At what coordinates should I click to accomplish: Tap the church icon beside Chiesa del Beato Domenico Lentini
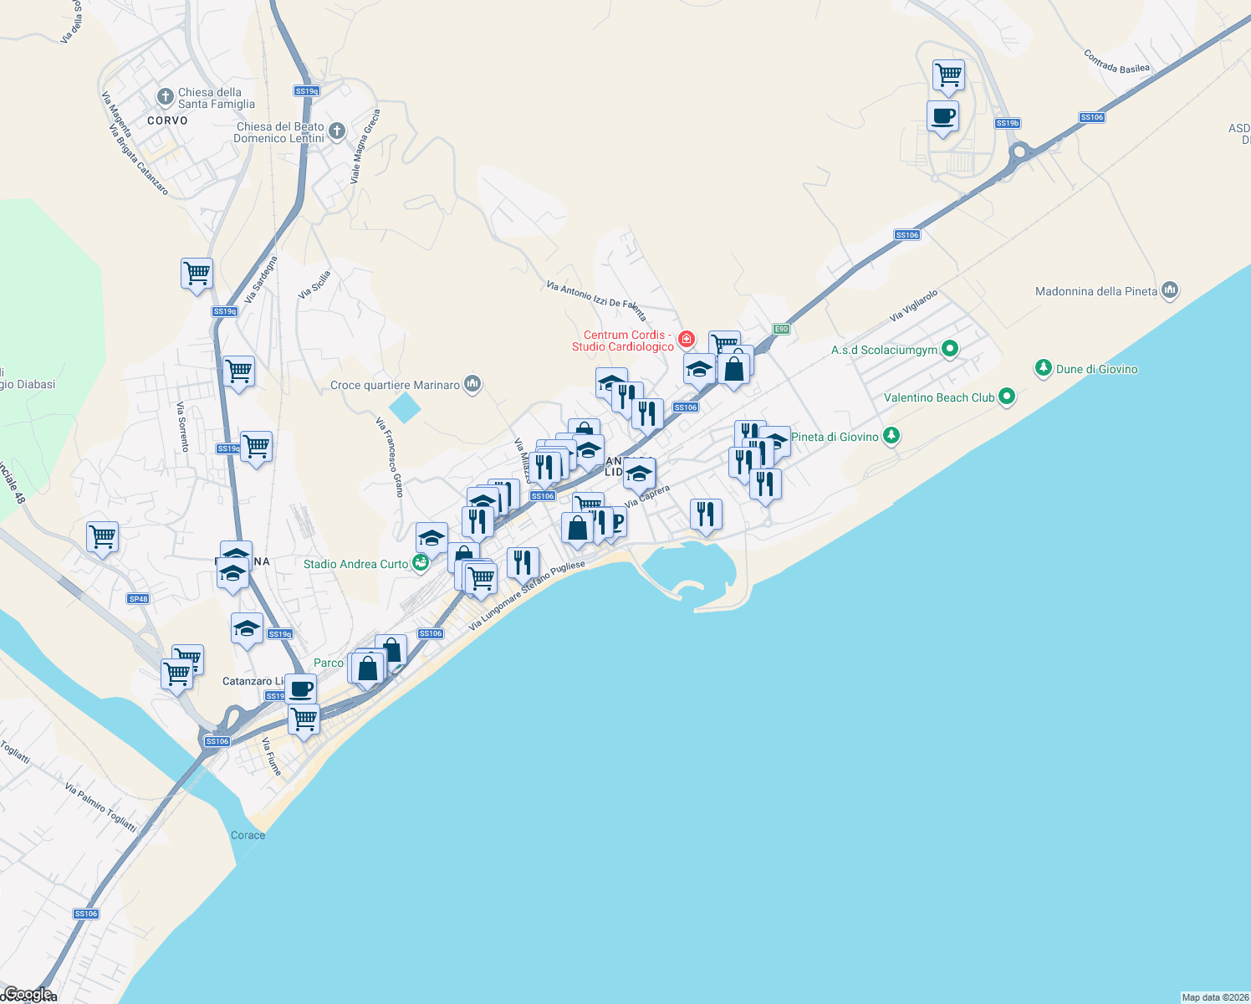[x=336, y=131]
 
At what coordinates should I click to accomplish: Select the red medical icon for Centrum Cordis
[x=687, y=339]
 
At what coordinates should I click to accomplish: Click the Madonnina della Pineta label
[x=1096, y=291]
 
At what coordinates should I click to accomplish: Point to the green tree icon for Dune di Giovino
[x=1043, y=368]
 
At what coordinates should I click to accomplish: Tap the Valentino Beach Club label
[x=939, y=397]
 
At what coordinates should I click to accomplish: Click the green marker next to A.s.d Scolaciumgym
[x=949, y=349]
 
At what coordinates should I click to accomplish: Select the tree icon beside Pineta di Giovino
[x=891, y=436]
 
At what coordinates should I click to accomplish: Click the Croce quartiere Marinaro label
[x=395, y=385]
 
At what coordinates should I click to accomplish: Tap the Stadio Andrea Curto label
[x=355, y=564]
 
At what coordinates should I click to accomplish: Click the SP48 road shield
[x=138, y=598]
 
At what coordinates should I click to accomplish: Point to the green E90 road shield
[x=781, y=329]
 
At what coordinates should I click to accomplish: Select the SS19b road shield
[x=1007, y=123]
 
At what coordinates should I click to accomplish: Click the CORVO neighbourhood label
[x=167, y=120]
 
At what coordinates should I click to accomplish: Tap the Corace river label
[x=248, y=835]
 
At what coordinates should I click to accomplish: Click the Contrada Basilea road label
[x=1116, y=62]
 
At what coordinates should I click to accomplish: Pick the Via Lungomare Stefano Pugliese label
[x=527, y=596]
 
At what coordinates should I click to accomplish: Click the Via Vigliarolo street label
[x=913, y=305]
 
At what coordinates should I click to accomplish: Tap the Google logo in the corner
[x=28, y=994]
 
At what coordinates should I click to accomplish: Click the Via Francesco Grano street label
[x=391, y=458]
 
